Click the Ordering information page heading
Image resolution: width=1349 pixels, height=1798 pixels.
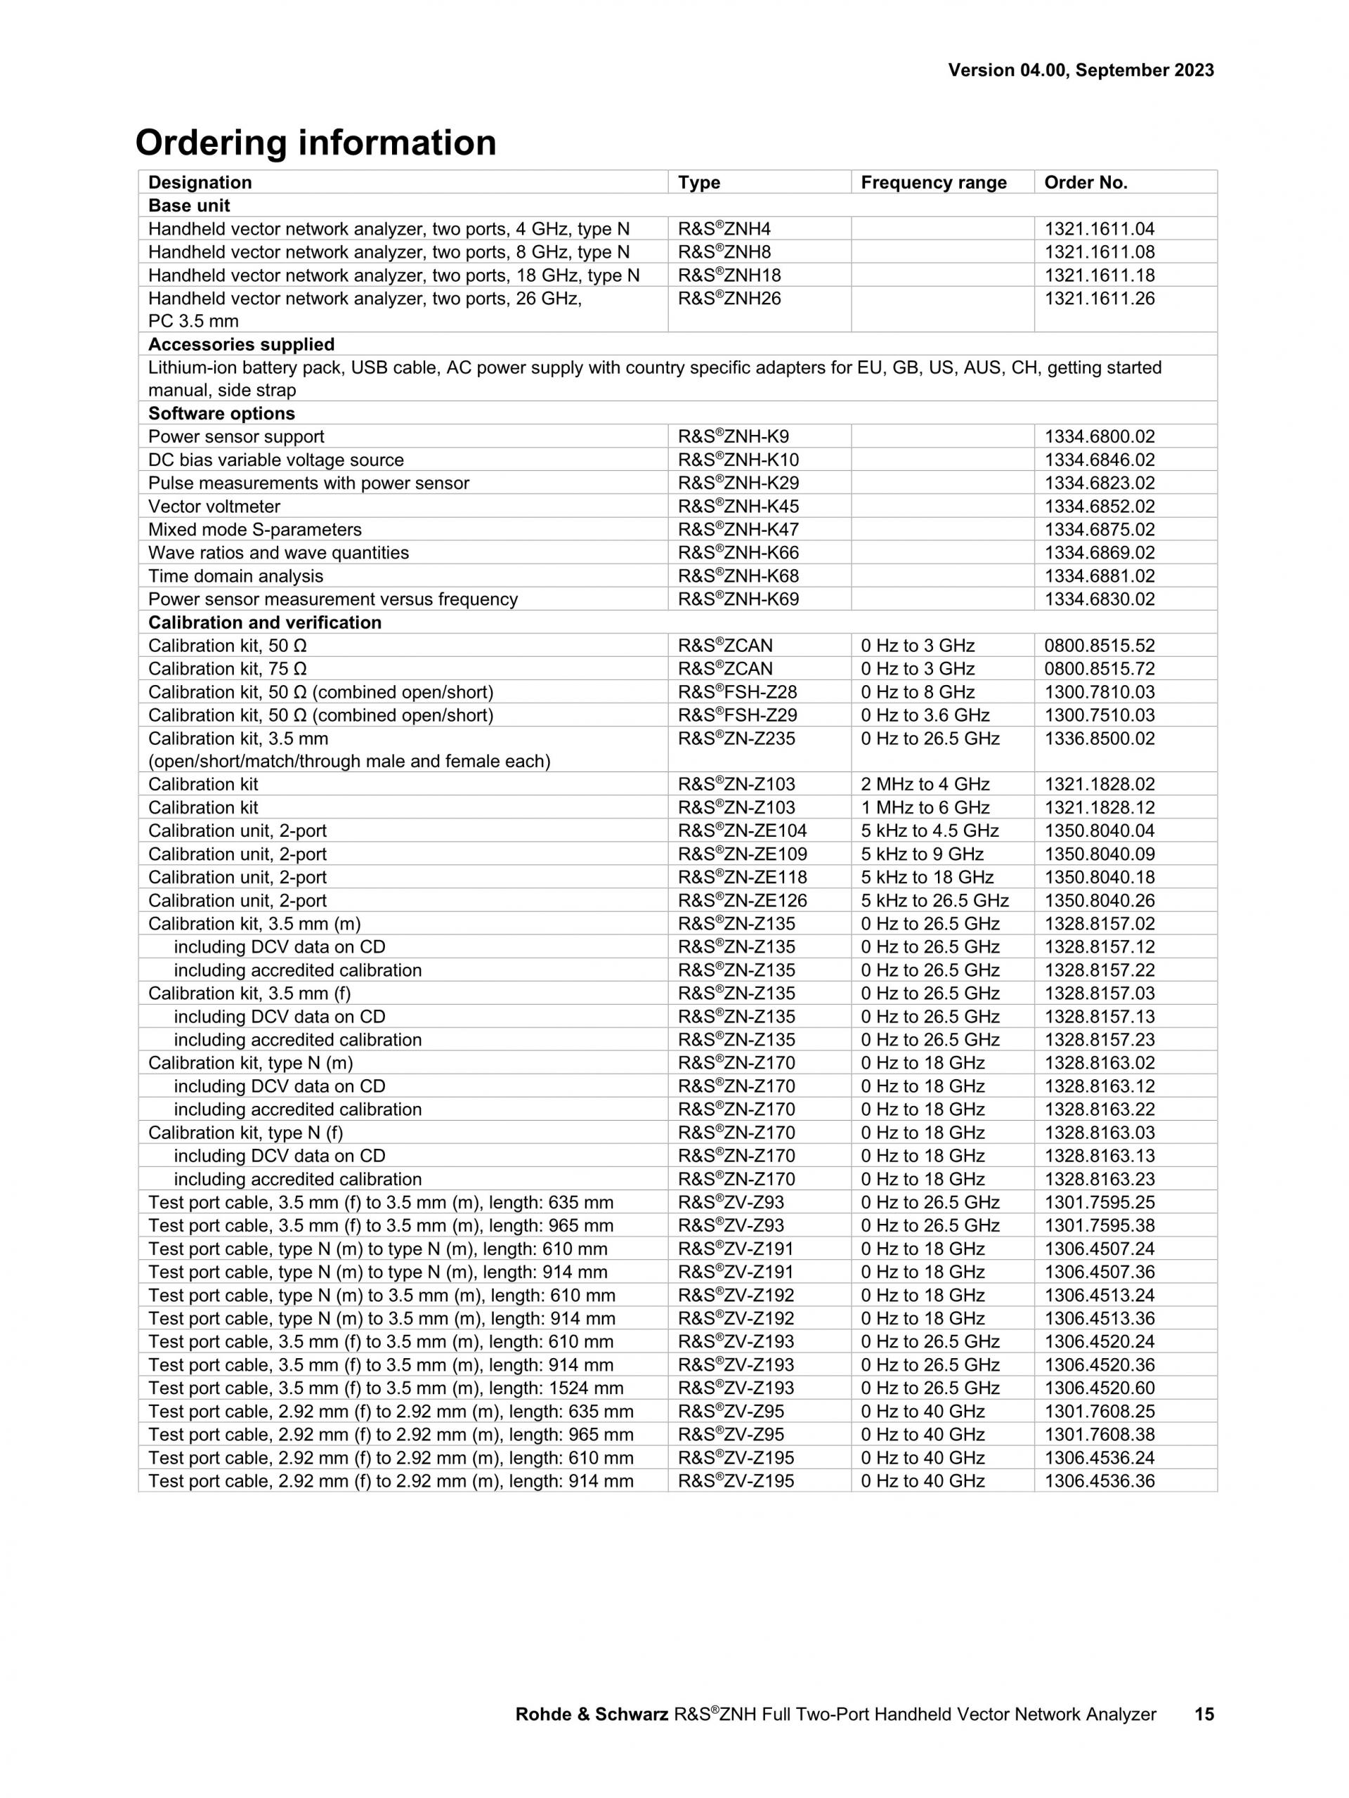click(x=315, y=143)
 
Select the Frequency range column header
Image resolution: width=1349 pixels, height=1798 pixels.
click(x=933, y=183)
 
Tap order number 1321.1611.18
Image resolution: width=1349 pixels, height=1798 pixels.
click(x=1099, y=275)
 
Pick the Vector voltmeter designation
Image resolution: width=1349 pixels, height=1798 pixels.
click(x=214, y=507)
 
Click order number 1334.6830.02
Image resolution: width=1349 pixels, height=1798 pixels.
click(x=1099, y=600)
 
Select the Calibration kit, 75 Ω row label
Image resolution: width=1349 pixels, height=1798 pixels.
click(x=227, y=669)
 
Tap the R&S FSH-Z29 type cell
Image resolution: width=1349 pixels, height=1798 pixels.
click(x=737, y=715)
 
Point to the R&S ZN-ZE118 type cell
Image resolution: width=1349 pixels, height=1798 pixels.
click(x=742, y=878)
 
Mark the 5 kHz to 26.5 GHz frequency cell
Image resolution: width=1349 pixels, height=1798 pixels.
click(x=934, y=901)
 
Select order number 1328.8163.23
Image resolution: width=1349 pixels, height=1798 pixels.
click(x=1099, y=1180)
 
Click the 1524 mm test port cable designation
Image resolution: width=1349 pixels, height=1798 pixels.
click(x=385, y=1388)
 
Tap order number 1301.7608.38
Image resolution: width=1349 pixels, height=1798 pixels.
click(x=1099, y=1435)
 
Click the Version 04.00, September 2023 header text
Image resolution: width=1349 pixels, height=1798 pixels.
click(x=1080, y=71)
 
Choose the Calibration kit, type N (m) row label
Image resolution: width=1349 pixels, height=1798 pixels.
click(x=250, y=1063)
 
